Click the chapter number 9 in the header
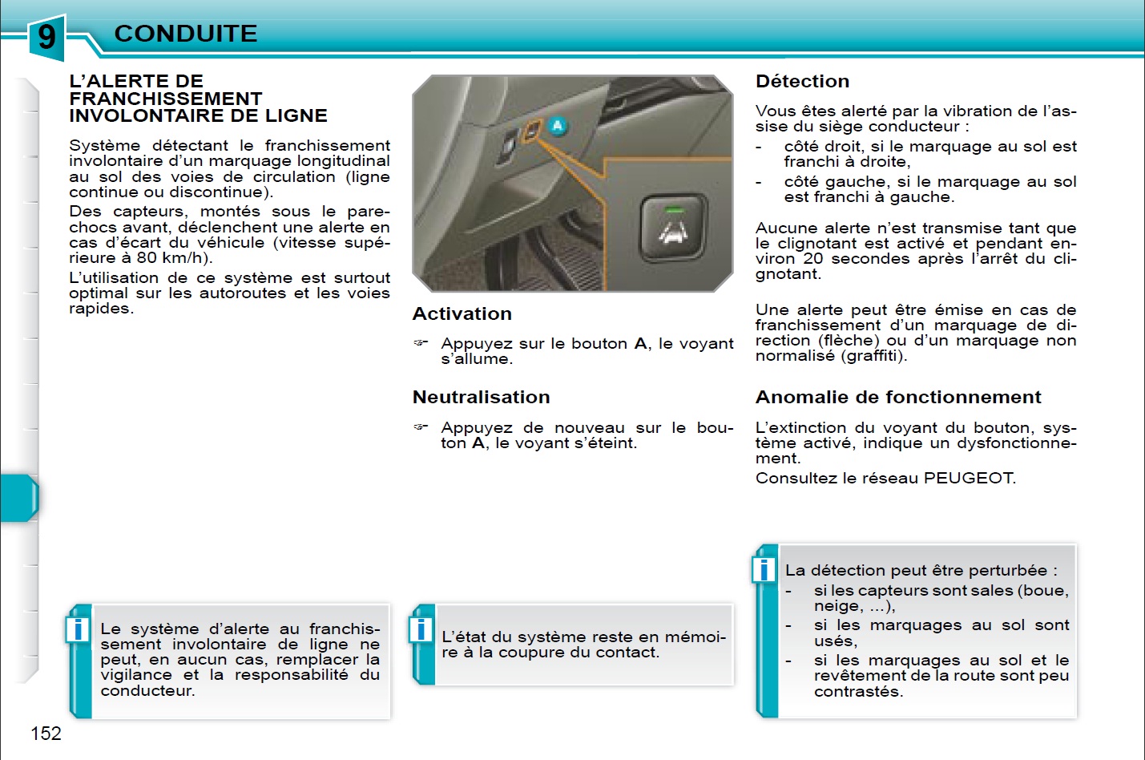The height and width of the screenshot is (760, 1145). coord(46,36)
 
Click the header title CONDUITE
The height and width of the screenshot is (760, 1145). coord(186,34)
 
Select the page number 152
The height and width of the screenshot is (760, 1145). coord(46,734)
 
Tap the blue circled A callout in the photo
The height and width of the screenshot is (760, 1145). coord(558,126)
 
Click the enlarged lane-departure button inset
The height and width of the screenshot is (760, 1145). coord(674,228)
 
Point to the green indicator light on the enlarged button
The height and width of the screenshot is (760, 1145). coord(674,210)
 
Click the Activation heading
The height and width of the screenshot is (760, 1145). coord(462,314)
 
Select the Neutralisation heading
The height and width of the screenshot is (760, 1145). coord(482,398)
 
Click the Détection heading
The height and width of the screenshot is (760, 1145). coord(802,82)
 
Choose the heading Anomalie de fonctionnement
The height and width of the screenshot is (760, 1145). coord(898,398)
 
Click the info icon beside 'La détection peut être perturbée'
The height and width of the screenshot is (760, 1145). coord(764,569)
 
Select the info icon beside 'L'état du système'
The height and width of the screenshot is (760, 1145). coord(421,629)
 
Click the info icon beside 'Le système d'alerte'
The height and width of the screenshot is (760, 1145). coord(78,629)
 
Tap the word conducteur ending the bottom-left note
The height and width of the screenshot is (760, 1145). coord(147,691)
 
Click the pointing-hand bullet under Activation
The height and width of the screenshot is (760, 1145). coord(421,343)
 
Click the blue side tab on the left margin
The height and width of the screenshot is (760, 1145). coord(19,498)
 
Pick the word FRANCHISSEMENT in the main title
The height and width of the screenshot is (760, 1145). coord(166,99)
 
